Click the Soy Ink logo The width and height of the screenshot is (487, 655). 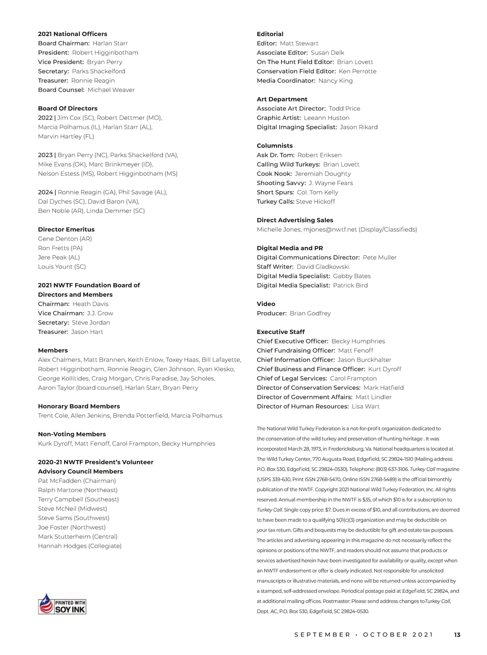[x=62, y=603]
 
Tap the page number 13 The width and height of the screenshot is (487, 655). [x=457, y=635]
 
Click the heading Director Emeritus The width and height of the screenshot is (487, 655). [x=66, y=229]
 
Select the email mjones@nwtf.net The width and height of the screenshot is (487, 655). [x=330, y=229]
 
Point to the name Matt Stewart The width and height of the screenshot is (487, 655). [x=299, y=43]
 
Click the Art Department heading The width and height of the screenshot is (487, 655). [x=282, y=99]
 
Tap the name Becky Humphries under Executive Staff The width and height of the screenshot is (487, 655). [x=358, y=341]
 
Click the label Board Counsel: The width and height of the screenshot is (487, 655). [x=61, y=90]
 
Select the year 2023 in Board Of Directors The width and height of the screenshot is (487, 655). [x=45, y=155]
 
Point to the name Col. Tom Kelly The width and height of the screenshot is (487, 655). [x=317, y=192]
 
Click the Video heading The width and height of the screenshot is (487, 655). [x=266, y=304]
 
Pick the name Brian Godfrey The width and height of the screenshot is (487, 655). [x=310, y=313]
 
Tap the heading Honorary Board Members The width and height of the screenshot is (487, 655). [x=79, y=406]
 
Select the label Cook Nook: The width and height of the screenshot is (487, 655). [x=274, y=174]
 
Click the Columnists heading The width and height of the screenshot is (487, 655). [x=275, y=146]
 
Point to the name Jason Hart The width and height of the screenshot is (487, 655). [x=87, y=332]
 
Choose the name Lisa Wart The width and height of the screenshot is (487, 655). [x=366, y=406]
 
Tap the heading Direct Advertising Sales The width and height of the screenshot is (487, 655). [x=295, y=220]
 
